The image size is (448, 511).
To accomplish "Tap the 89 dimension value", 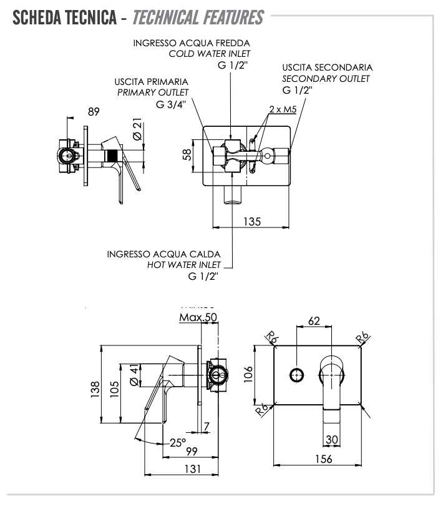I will tap(94, 112).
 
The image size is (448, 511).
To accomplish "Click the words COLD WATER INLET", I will tap(210, 54).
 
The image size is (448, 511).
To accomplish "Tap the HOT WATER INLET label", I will tap(184, 265).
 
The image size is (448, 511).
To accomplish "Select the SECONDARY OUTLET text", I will tap(326, 79).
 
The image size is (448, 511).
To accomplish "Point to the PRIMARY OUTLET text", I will tap(153, 92).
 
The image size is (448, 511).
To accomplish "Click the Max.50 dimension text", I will tap(198, 317).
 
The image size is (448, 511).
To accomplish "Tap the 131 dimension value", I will tap(192, 469).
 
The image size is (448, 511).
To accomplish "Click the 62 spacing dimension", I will tap(313, 321).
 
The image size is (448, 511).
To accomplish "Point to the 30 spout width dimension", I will tap(331, 439).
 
